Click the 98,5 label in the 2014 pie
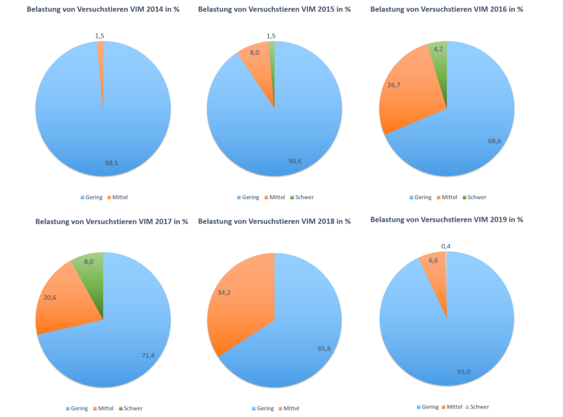coord(111,163)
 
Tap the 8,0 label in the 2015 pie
coord(254,52)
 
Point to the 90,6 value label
coord(294,162)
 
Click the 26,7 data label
coord(394,85)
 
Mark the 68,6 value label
coord(494,141)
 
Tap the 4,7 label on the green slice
coord(437,49)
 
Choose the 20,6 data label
coord(50,297)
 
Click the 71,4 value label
coord(148,355)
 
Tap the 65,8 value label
coord(324,348)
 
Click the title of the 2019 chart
coord(446,219)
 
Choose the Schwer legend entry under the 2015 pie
coord(304,198)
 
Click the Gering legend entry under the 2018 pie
coord(262,408)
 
